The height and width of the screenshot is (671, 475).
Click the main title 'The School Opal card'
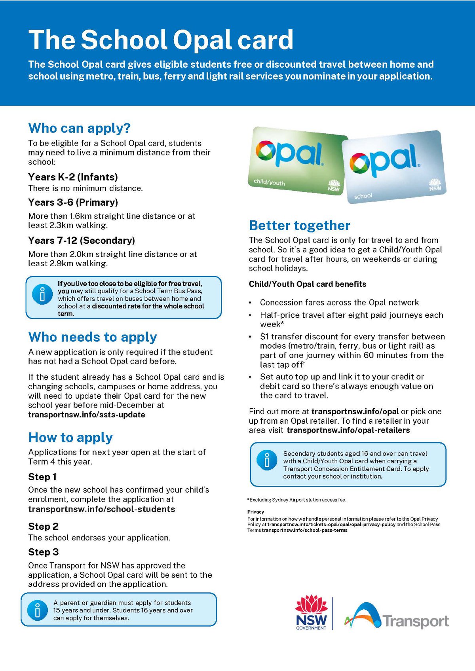(x=161, y=40)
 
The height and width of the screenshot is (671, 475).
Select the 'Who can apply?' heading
(x=79, y=128)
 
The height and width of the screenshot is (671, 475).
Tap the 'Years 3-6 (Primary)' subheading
(x=73, y=203)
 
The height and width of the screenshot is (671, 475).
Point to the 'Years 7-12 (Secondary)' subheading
(x=81, y=241)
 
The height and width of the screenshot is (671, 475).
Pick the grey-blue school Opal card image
(x=394, y=166)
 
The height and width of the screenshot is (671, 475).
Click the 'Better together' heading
(x=299, y=226)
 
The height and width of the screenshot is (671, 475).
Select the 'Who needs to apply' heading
(x=92, y=337)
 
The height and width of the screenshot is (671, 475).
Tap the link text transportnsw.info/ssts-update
(x=86, y=415)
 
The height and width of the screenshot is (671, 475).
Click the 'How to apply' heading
(x=70, y=438)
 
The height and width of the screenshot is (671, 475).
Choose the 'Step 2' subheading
(x=43, y=527)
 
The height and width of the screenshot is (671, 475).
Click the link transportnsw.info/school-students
(x=101, y=509)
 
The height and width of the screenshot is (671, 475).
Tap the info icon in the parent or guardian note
(x=38, y=610)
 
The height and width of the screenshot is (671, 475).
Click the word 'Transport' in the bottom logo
(x=416, y=622)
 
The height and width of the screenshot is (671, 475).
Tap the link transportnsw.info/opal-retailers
(x=348, y=430)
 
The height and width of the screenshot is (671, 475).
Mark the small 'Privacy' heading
(x=256, y=512)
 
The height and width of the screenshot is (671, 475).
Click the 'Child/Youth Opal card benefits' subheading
(x=307, y=284)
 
